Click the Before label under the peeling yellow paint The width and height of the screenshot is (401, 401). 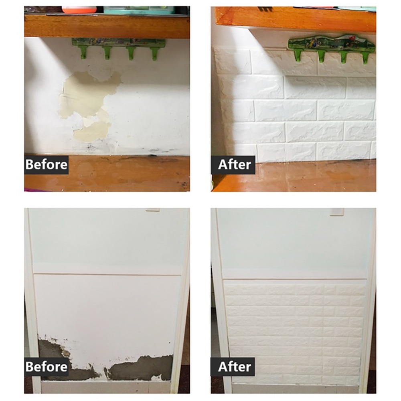click(x=47, y=164)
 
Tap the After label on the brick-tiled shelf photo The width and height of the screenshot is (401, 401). click(x=233, y=164)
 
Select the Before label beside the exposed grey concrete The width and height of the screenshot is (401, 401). click(x=47, y=367)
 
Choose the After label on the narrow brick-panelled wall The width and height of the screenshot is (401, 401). click(x=233, y=367)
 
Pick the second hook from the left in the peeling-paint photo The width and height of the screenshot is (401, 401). click(x=107, y=53)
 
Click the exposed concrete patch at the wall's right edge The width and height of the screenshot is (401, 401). click(x=141, y=367)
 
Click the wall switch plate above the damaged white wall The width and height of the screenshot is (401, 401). click(x=153, y=210)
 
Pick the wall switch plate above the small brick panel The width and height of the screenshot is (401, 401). click(x=337, y=212)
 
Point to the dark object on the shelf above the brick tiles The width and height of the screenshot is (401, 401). click(x=265, y=9)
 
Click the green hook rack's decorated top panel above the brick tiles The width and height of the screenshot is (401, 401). click(x=332, y=43)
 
